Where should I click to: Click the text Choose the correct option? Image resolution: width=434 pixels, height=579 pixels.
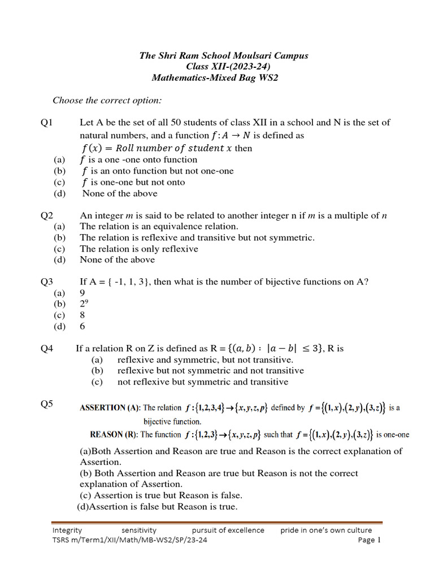coord(107,100)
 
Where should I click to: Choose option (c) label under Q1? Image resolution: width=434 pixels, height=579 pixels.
coord(59,182)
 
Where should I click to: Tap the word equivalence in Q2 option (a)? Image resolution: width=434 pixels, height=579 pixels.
coord(172,226)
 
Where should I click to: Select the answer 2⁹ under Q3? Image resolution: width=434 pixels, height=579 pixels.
coord(84,304)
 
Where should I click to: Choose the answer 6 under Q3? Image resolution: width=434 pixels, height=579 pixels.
coord(83,326)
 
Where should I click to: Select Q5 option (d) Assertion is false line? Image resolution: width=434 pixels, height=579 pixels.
coord(157,507)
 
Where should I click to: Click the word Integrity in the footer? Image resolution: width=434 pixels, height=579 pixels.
coord(67,530)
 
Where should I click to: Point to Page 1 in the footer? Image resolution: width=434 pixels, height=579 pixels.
coord(370,540)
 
